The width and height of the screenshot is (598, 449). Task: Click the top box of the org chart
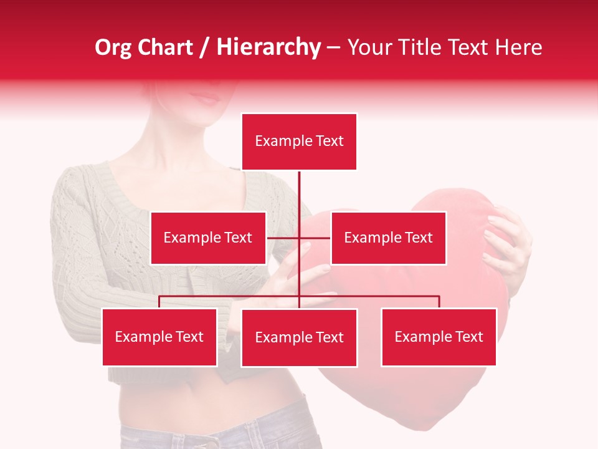[299, 142]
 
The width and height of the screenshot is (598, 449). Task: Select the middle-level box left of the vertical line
[208, 238]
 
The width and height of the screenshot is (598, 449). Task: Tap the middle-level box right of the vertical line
[388, 238]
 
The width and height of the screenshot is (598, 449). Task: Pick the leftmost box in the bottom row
[159, 337]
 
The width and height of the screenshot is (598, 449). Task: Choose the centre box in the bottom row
[299, 337]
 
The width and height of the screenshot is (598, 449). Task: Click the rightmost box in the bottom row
[439, 337]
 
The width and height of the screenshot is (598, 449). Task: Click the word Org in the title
[113, 47]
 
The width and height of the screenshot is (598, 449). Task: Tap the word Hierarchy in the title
[268, 47]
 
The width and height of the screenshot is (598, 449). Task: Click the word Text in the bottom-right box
[469, 337]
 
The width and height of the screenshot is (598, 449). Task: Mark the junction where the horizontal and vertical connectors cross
[299, 238]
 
